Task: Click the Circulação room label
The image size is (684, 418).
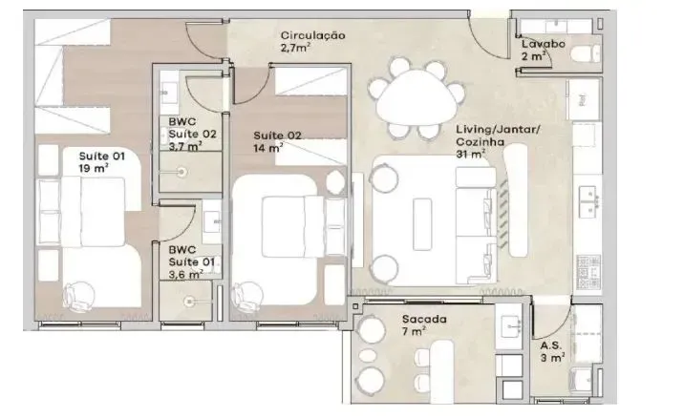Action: coord(312,35)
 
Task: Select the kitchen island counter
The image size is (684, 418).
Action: coord(517,202)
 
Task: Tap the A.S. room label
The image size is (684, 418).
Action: coord(550,345)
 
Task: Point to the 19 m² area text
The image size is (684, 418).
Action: coord(93,167)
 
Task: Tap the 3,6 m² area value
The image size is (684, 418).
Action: coord(185,274)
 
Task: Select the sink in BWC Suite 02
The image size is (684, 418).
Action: coord(173,94)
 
